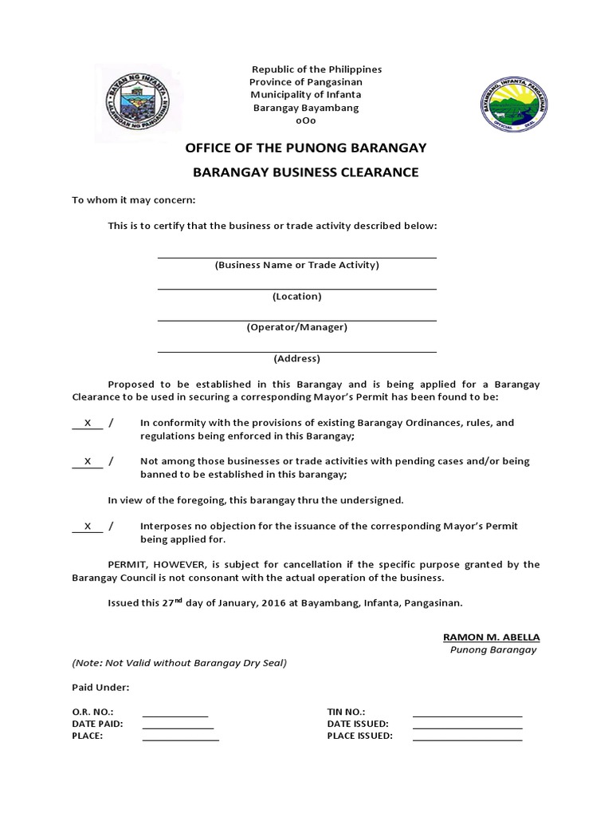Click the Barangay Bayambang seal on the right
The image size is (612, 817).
(x=513, y=103)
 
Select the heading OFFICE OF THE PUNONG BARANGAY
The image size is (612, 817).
(x=306, y=148)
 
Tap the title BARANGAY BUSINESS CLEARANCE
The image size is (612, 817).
(x=306, y=172)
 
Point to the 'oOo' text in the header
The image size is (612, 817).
(x=306, y=121)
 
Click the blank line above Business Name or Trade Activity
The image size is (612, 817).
(x=296, y=256)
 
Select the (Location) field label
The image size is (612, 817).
(x=296, y=296)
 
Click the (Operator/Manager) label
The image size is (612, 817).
(x=296, y=327)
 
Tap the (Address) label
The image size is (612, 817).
(x=296, y=358)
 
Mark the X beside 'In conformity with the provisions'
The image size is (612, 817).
(x=88, y=423)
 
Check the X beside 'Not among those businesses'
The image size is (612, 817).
(x=88, y=461)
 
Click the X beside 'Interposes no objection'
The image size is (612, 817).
(x=88, y=527)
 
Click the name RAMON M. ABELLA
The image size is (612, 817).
(x=491, y=637)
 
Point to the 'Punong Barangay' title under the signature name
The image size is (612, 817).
(x=493, y=649)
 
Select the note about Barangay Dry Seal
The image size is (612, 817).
(x=179, y=663)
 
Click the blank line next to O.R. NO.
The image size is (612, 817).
(x=175, y=716)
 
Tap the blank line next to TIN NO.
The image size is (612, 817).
(x=467, y=716)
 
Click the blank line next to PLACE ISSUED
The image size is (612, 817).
(x=467, y=740)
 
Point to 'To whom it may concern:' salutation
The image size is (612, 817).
(x=134, y=199)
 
